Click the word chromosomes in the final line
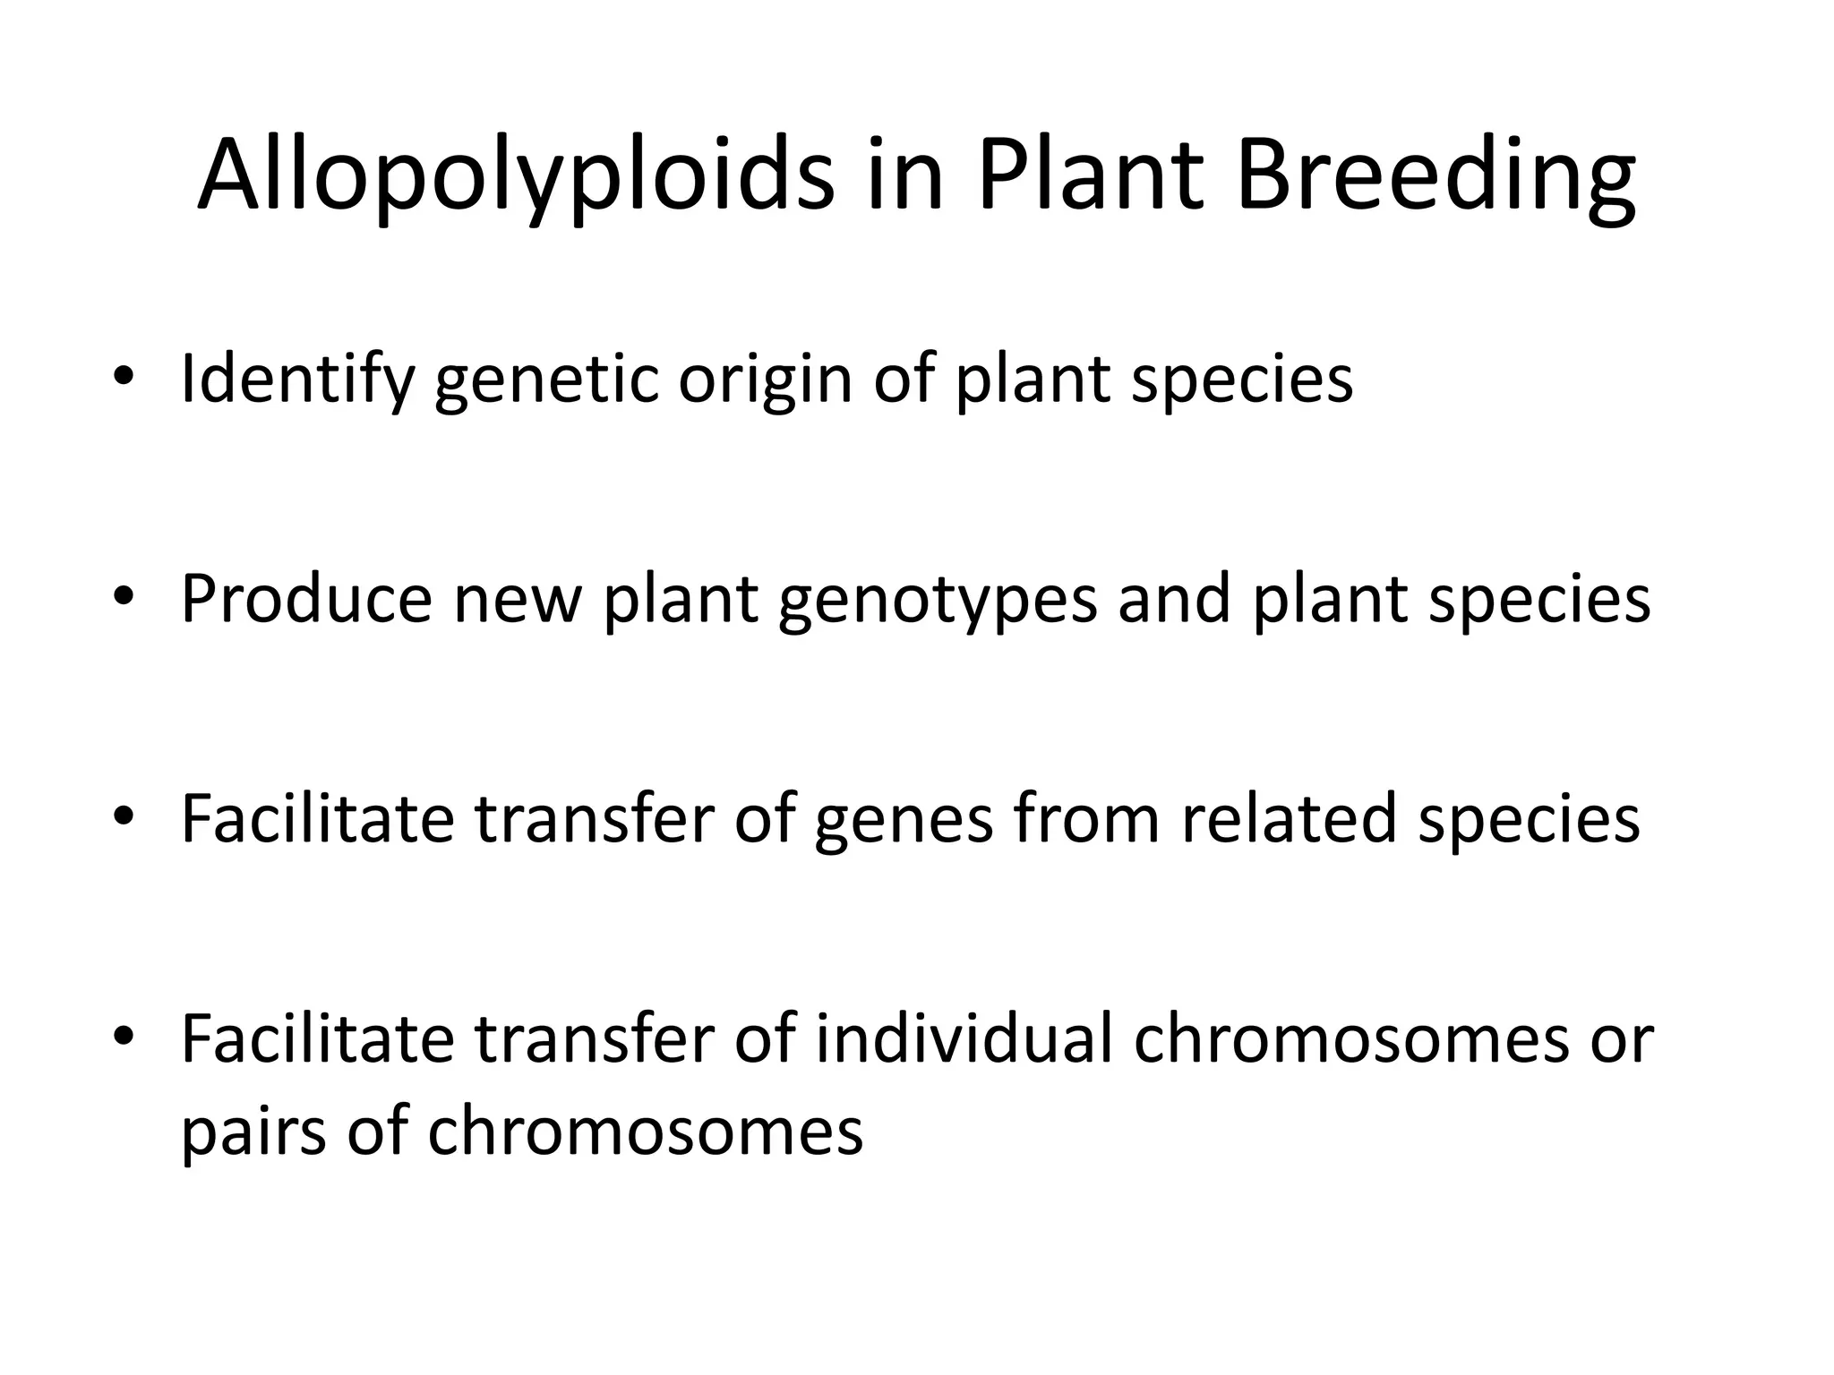click(x=646, y=1132)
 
